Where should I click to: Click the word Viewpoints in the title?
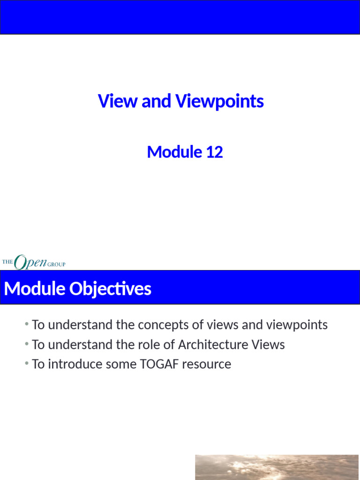tap(219, 101)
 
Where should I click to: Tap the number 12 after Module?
tap(214, 152)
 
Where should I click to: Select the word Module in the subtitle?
tap(173, 152)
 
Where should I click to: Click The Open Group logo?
tap(34, 262)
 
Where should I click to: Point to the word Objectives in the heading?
tap(110, 289)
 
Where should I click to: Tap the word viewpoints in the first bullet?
tap(297, 325)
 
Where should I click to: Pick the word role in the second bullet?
tap(148, 345)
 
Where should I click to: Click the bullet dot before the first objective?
tap(27, 324)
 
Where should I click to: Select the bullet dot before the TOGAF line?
tap(27, 364)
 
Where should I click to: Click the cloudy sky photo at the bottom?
tap(277, 467)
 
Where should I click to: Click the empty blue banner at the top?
tap(180, 17)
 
